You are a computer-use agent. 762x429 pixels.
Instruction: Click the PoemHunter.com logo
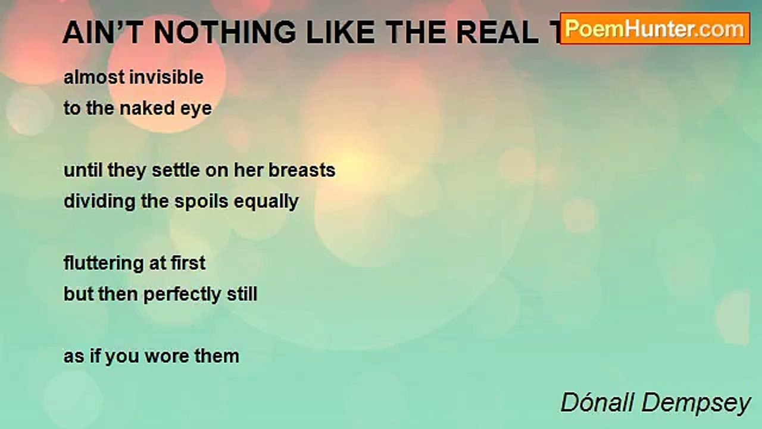tap(655, 29)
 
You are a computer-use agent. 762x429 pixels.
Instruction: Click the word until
tap(83, 170)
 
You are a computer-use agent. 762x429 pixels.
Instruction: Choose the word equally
tap(266, 201)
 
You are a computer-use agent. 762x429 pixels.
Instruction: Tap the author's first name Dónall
tap(597, 403)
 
